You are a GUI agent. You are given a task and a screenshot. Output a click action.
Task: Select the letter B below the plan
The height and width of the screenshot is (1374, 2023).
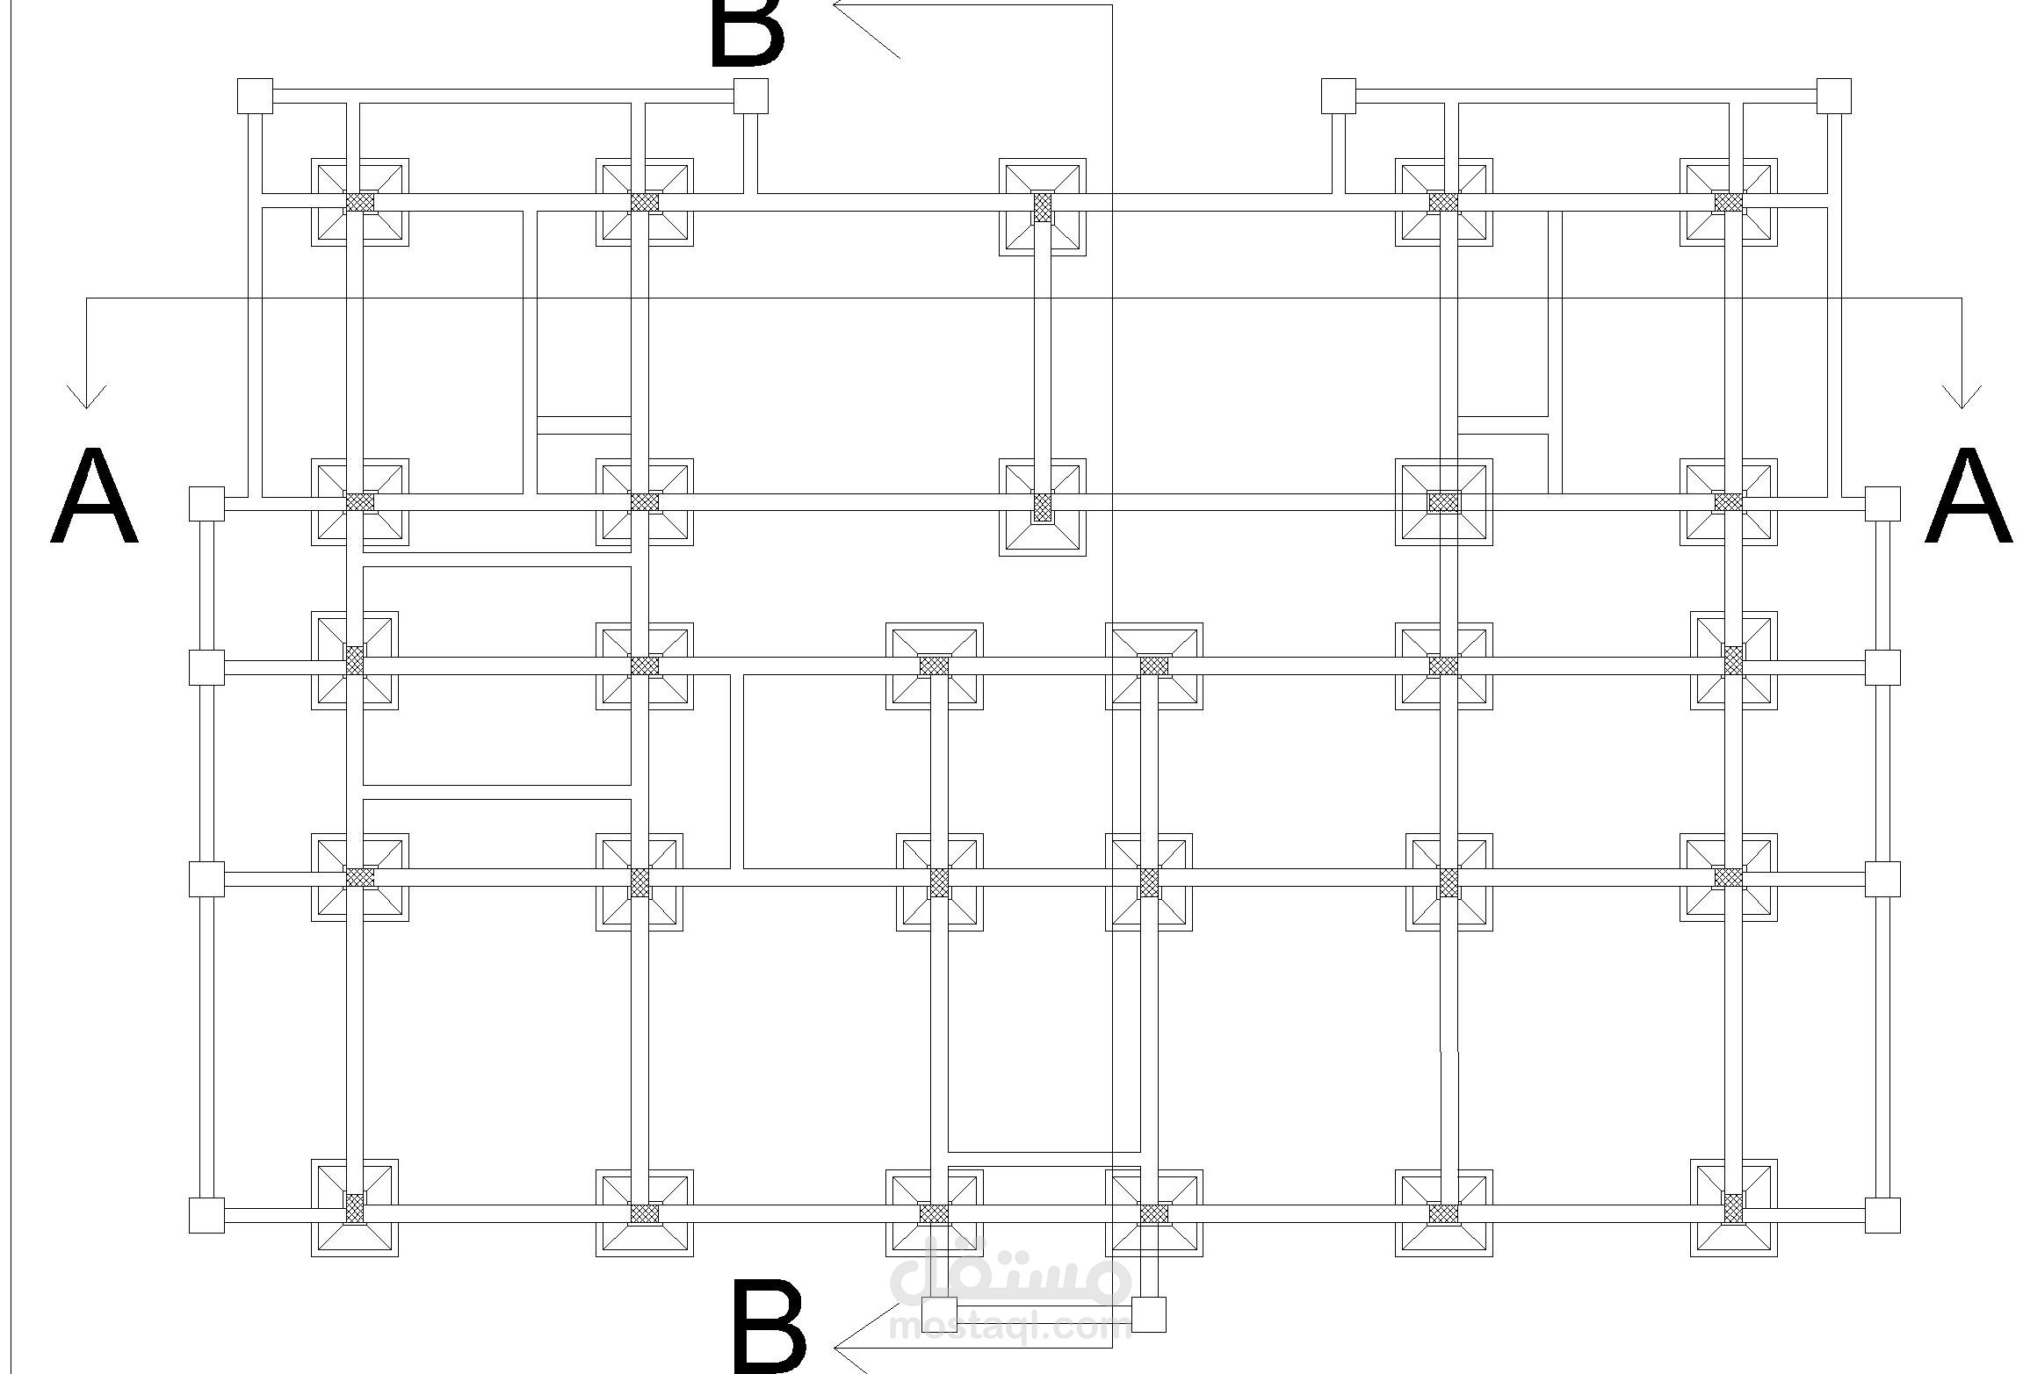pyautogui.click(x=769, y=1327)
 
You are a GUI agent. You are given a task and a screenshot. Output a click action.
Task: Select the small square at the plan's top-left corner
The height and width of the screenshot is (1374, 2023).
pyautogui.click(x=255, y=96)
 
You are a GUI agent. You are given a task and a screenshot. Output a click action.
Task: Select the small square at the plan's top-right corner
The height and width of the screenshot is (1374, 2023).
pyautogui.click(x=1833, y=96)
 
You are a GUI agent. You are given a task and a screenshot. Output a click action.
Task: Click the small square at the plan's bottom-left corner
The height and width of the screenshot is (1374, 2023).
pyautogui.click(x=206, y=1215)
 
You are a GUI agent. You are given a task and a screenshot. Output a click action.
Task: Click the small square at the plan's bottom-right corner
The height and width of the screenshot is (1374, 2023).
pyautogui.click(x=1882, y=1215)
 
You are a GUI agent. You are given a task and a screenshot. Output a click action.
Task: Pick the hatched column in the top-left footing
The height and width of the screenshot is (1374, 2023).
pyautogui.click(x=360, y=202)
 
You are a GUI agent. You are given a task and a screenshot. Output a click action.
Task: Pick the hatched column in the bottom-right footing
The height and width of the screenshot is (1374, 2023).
pyautogui.click(x=1733, y=1208)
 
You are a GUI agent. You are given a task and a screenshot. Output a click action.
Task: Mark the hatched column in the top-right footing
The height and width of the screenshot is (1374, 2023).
pyautogui.click(x=1729, y=202)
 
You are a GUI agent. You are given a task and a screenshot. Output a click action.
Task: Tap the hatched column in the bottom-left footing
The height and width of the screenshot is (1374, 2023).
pyautogui.click(x=354, y=1208)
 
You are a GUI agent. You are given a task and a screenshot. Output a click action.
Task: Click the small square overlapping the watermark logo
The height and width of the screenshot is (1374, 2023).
pyautogui.click(x=939, y=1314)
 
